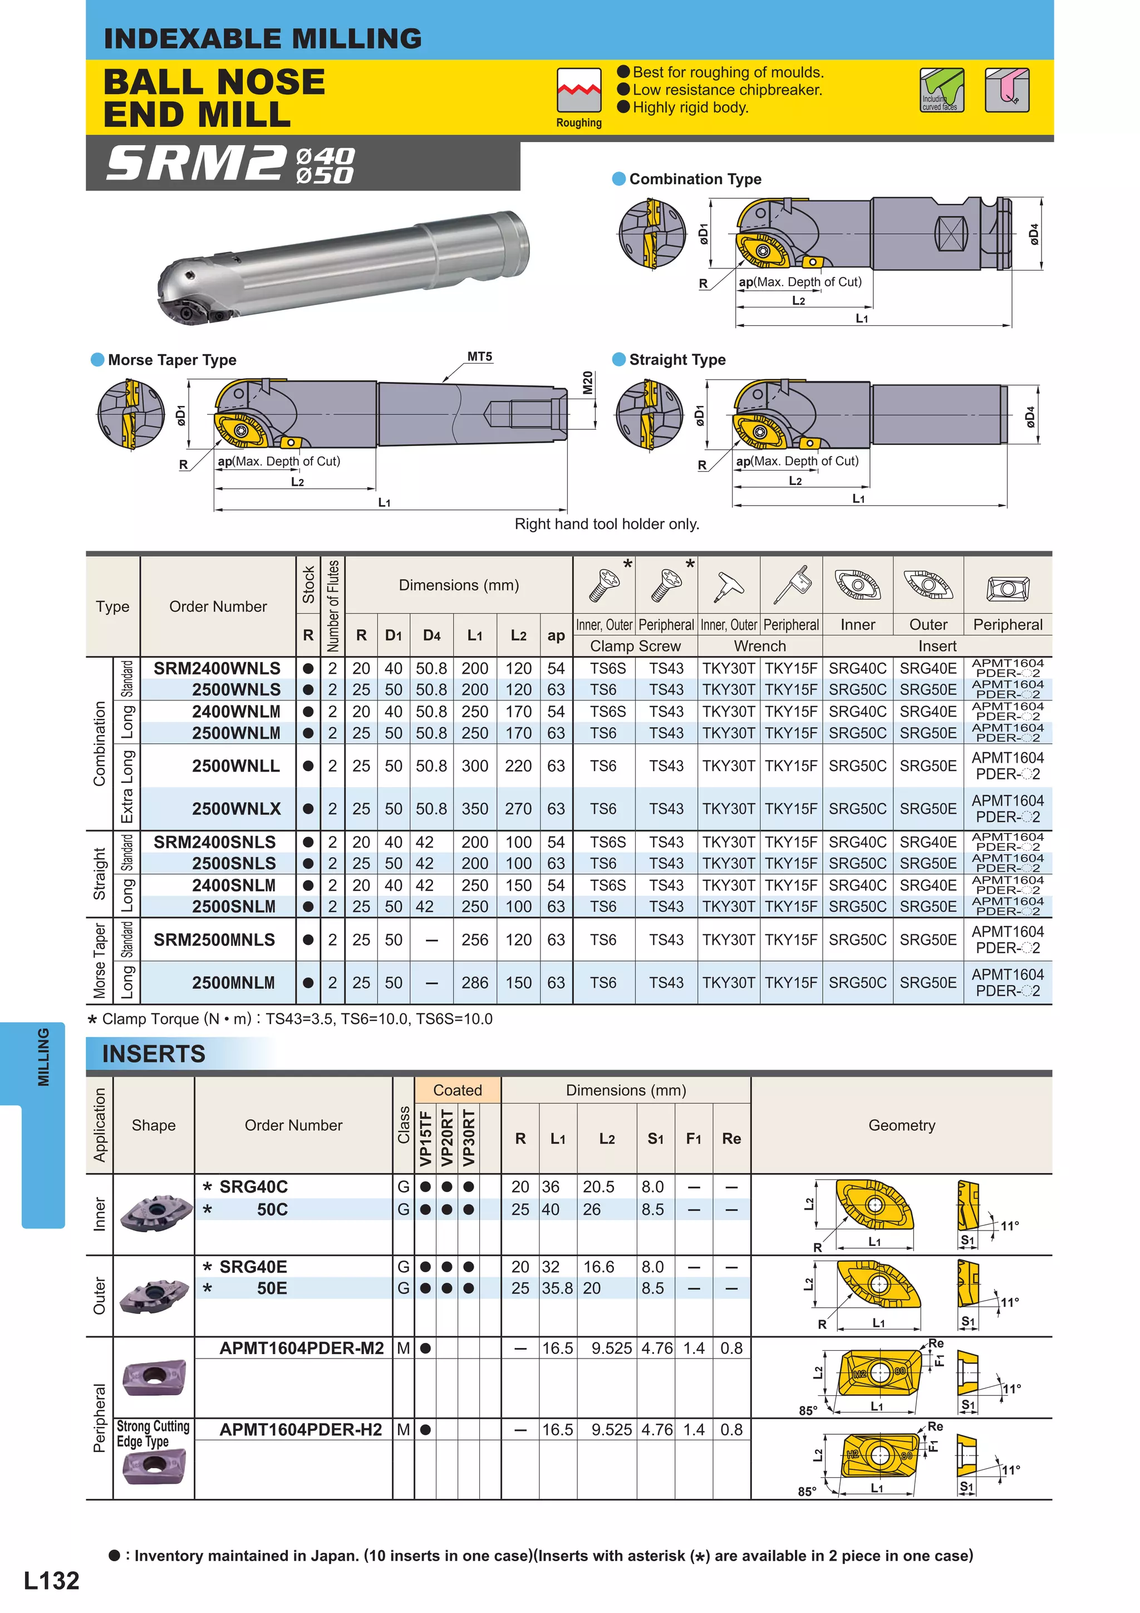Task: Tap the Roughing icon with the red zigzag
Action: click(x=579, y=90)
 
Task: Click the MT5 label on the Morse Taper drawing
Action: click(x=480, y=357)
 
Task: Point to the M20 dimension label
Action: click(x=588, y=383)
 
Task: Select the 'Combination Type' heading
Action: click(x=695, y=179)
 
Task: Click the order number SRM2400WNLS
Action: click(x=217, y=668)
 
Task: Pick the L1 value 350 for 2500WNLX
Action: click(x=474, y=808)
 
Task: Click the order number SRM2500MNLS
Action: click(x=214, y=940)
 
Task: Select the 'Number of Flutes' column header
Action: click(x=333, y=606)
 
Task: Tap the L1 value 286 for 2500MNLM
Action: click(x=474, y=983)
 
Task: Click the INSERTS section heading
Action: click(x=154, y=1054)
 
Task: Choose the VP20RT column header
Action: click(x=447, y=1138)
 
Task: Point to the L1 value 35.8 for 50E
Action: click(x=557, y=1288)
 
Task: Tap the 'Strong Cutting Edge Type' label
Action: click(x=153, y=1434)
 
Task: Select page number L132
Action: click(x=51, y=1581)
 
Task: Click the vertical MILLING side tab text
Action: click(x=43, y=1057)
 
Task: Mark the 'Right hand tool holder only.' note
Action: click(x=606, y=524)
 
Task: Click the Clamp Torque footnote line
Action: click(x=289, y=1019)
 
